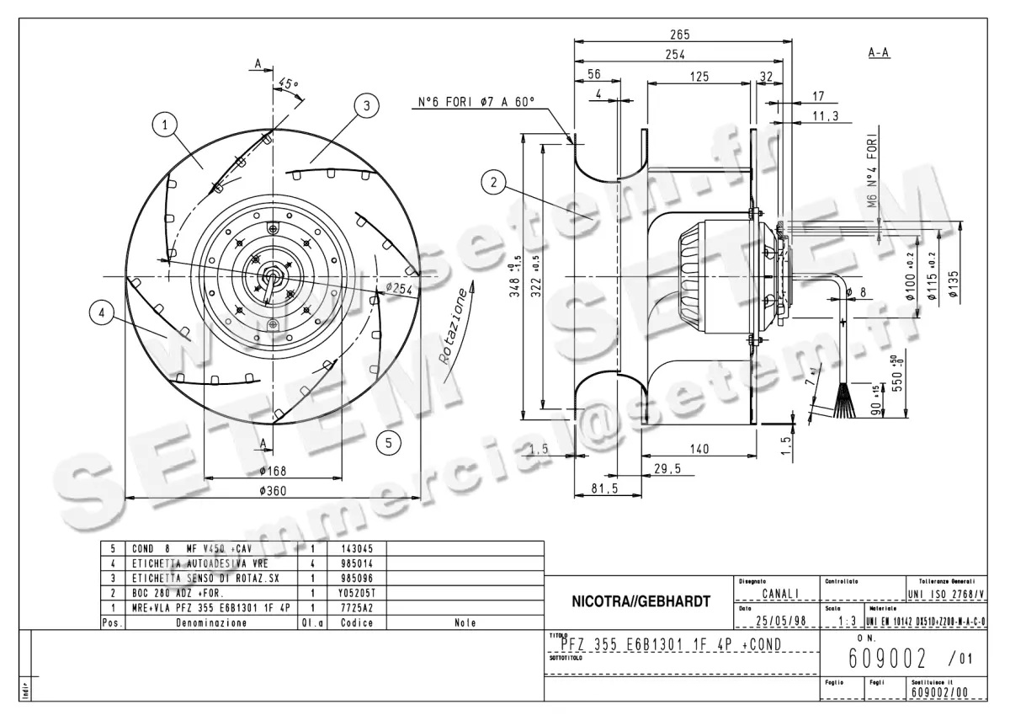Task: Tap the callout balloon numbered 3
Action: tap(364, 105)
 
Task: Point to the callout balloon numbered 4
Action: tap(102, 313)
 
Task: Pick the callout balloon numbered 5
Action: tap(388, 440)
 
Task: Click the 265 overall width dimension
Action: tap(680, 35)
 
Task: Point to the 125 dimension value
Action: tap(696, 77)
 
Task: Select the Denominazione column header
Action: tap(211, 623)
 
